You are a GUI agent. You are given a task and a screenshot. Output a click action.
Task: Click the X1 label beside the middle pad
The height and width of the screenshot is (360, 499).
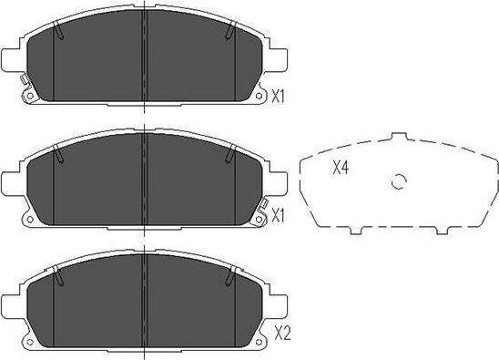click(281, 216)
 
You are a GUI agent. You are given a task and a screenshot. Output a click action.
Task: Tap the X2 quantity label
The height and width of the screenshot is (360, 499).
click(281, 334)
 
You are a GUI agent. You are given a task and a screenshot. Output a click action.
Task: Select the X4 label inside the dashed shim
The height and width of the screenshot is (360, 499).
click(341, 167)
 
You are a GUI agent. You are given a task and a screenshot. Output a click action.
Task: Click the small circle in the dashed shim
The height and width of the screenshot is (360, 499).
click(397, 181)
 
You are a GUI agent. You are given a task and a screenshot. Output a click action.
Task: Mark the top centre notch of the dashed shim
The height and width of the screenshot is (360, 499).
click(398, 137)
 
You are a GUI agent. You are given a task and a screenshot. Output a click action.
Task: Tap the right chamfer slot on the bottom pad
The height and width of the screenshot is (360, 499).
click(229, 273)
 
